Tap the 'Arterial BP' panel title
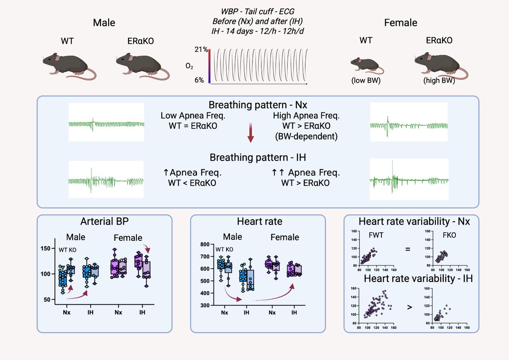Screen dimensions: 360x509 (x=104, y=222)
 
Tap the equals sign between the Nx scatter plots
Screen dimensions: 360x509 (x=408, y=249)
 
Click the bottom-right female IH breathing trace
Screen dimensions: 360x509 (x=409, y=179)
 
